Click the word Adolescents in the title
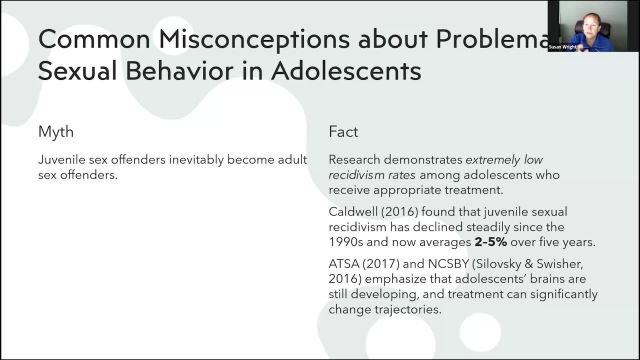[341, 72]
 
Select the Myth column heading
[56, 132]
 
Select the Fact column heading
[344, 132]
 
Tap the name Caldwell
[355, 212]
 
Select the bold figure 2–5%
[544, 241]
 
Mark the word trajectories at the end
[404, 309]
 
